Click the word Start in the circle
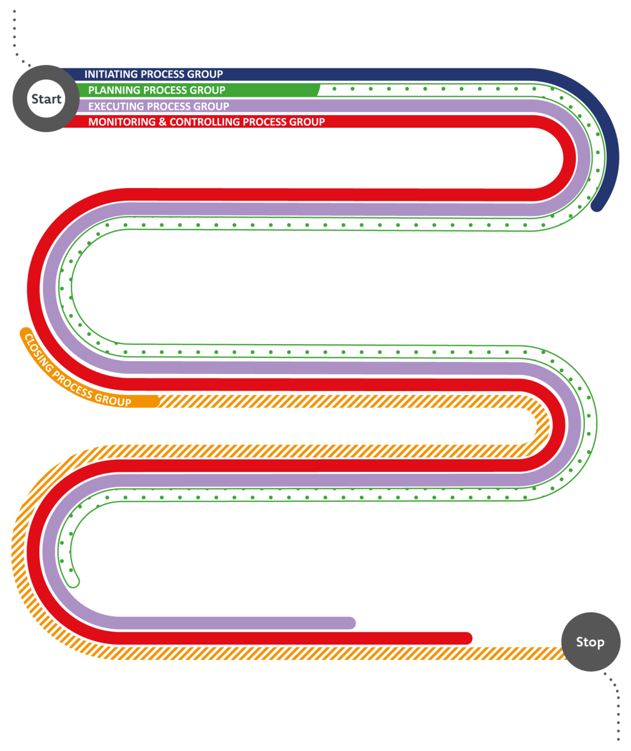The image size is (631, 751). pyautogui.click(x=46, y=99)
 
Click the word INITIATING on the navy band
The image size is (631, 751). pyautogui.click(x=111, y=74)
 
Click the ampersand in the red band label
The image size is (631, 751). pyautogui.click(x=162, y=122)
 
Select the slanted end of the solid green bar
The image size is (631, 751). pyautogui.click(x=319, y=90)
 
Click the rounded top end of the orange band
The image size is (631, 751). pyautogui.click(x=26, y=333)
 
